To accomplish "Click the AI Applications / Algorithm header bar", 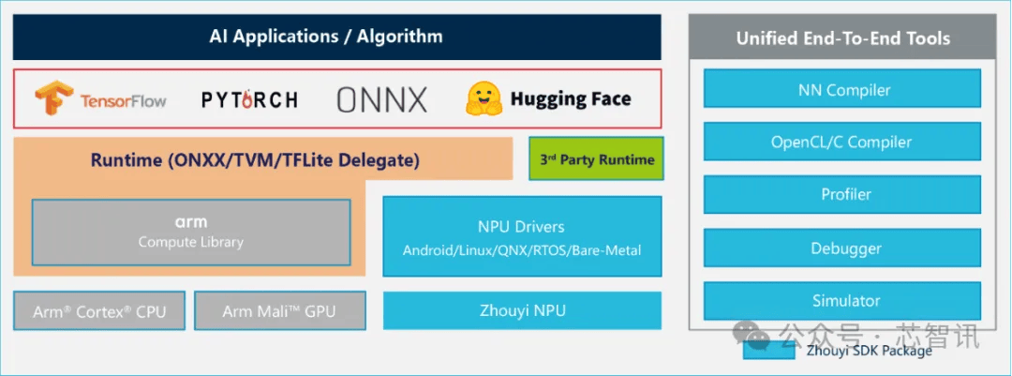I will coord(336,38).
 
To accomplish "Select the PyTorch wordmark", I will coord(249,99).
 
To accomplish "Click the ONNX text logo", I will coord(381,99).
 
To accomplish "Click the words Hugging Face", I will coord(571,99).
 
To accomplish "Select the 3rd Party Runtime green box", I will coord(596,159).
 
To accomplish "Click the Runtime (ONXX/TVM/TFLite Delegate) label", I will coord(255,160).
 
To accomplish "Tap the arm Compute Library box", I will coord(191,232).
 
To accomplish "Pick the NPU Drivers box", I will coord(522,237).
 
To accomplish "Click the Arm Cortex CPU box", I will coord(99,311).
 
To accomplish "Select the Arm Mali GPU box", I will coord(279,311).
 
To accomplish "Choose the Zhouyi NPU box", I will coord(522,310).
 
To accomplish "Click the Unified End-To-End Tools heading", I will coord(842,38).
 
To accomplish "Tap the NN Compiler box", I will coord(843,90).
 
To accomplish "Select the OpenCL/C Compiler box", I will coord(843,143).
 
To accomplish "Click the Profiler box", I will coord(843,195).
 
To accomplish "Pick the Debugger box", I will coord(843,248).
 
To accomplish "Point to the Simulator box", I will coord(843,301).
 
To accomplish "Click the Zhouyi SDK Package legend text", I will coord(869,351).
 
